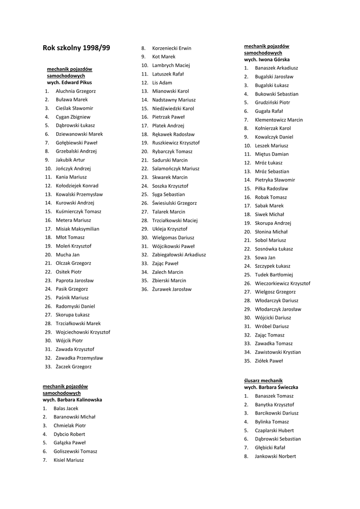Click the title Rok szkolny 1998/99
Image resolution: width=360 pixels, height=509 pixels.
pos(77,48)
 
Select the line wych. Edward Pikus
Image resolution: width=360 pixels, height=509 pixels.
pos(69,83)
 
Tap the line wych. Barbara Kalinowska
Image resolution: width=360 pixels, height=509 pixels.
pos(72,400)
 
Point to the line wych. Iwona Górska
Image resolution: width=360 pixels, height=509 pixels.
pos(267,60)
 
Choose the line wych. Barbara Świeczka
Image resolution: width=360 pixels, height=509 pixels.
pos(271,387)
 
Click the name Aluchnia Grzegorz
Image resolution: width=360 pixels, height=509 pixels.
pos(76,91)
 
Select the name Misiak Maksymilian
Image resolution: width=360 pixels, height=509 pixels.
pos(77,229)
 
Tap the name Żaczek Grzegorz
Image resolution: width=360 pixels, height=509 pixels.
pos(74,366)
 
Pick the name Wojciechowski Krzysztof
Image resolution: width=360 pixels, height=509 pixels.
pos(83,332)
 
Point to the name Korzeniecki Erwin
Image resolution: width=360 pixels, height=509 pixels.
pos(172,48)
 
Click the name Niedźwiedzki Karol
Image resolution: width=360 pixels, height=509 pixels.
pos(173,108)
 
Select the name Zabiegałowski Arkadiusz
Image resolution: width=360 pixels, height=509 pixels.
pos(179,254)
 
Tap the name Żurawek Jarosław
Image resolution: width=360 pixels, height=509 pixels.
pos(172,289)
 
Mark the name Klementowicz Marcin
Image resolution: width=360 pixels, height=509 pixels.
pos(278,120)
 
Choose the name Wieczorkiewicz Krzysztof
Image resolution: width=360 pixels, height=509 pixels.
pos(282,283)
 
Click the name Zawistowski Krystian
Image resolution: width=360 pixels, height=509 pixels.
pos(277,352)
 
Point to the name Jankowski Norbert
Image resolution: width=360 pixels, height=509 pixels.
pos(275,456)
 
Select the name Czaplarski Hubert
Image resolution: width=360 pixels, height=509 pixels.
pos(274,430)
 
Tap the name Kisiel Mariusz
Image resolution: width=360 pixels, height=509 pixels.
pos(69,460)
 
